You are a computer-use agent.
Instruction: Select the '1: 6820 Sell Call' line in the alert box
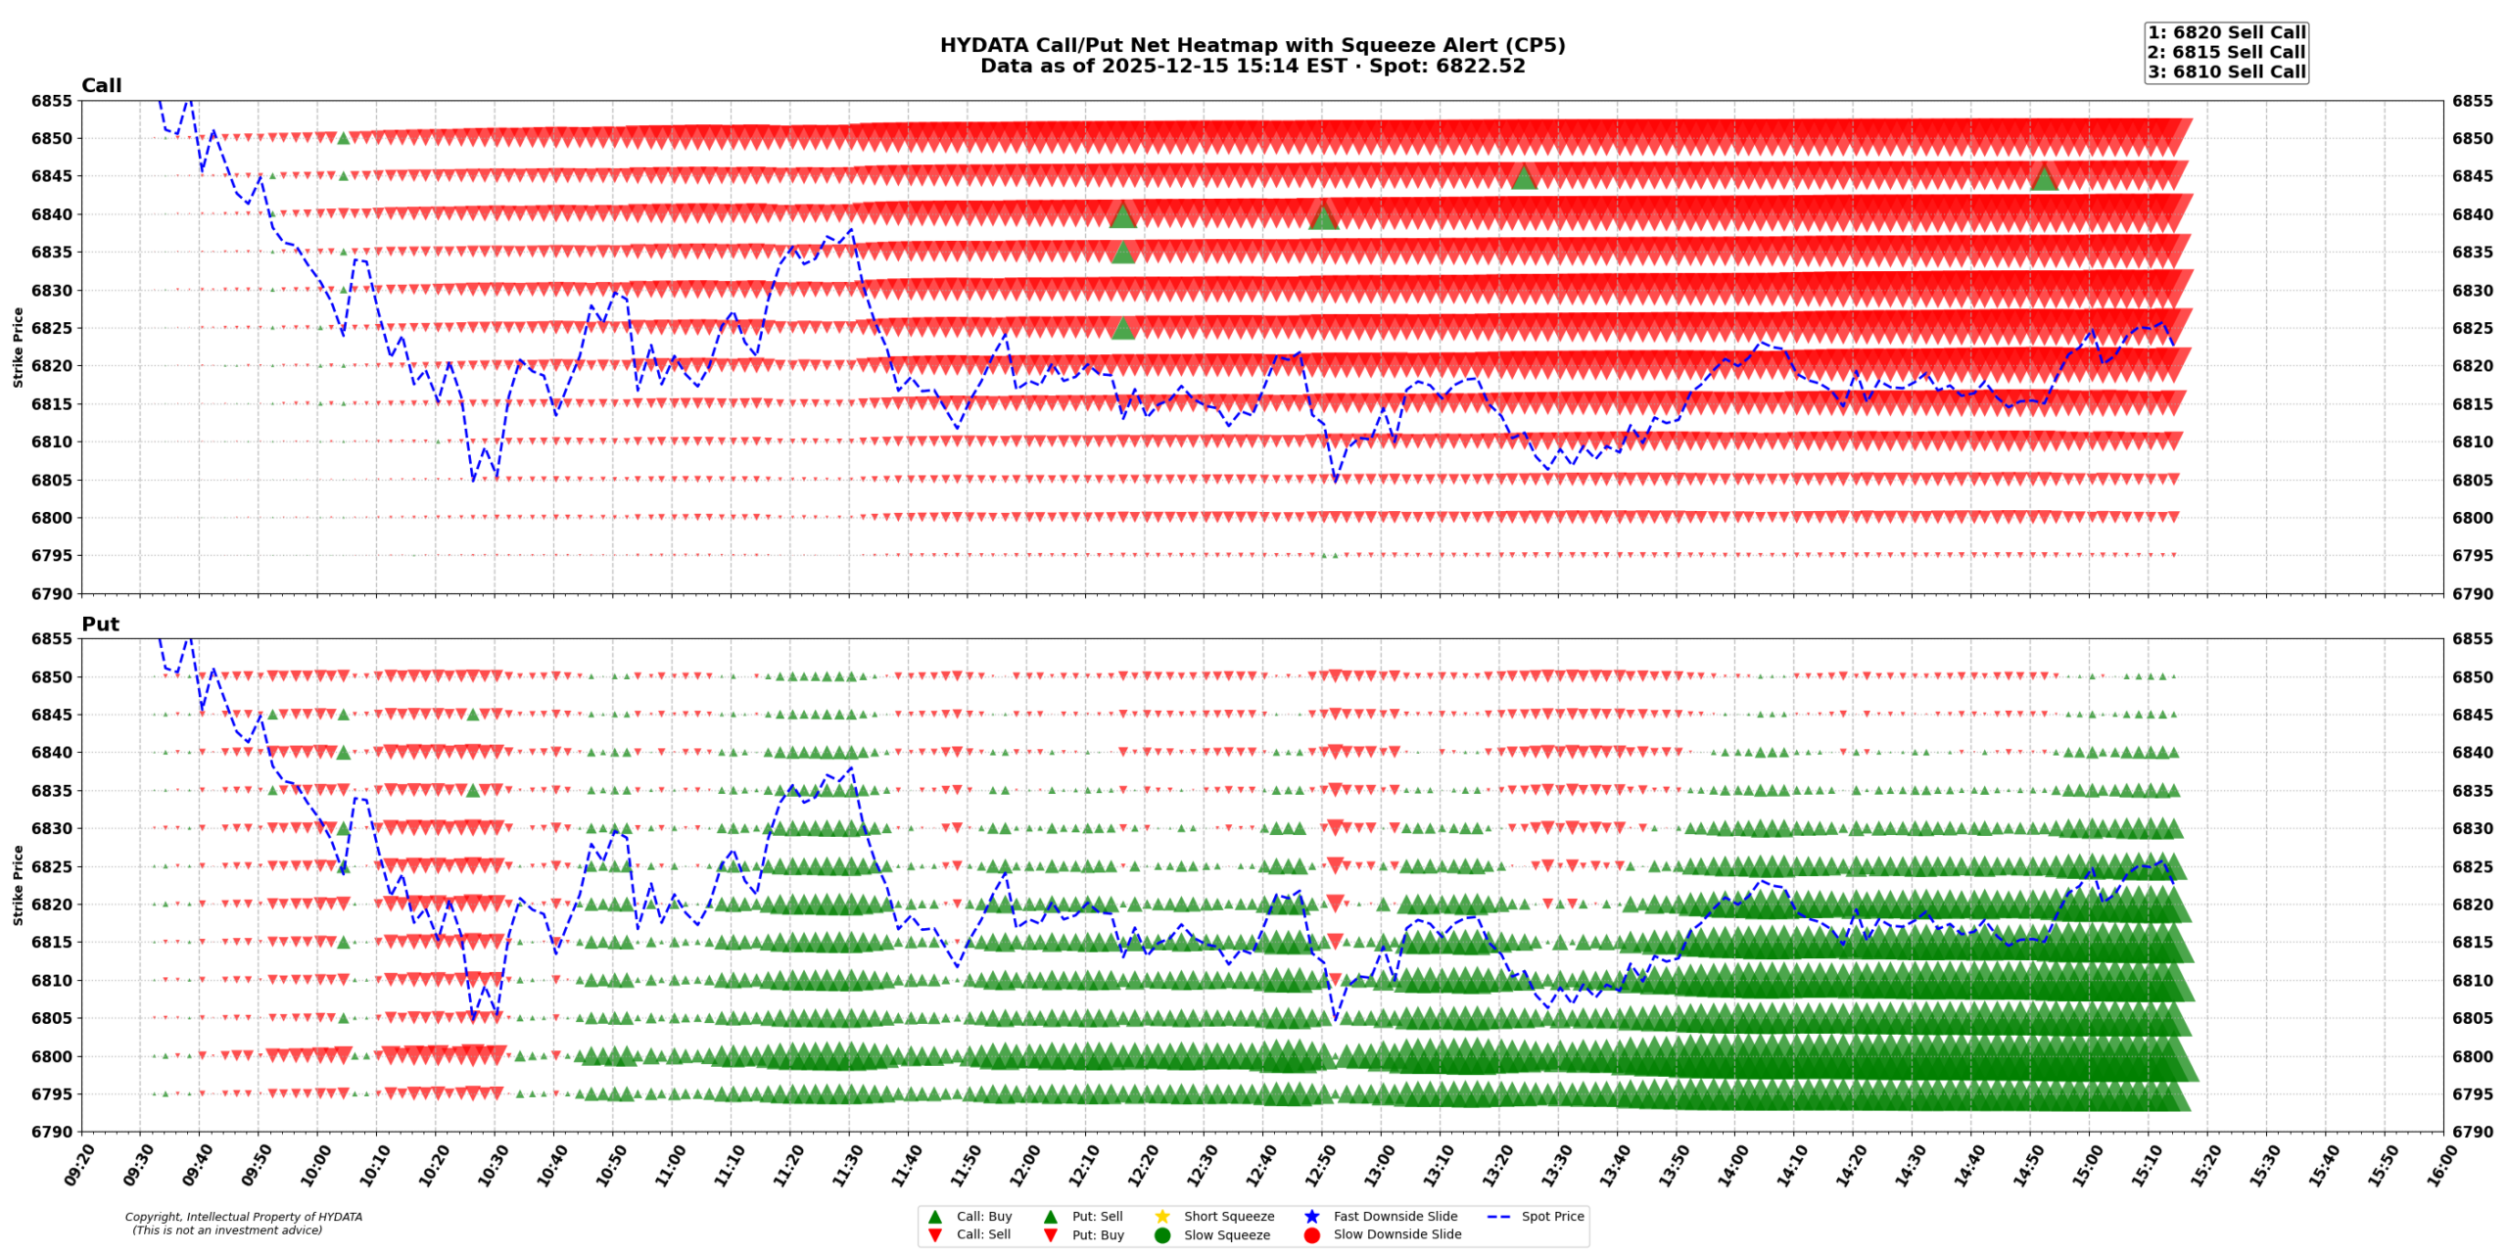click(2226, 32)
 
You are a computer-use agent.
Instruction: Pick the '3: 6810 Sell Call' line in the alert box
click(2226, 71)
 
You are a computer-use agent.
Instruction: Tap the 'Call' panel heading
click(101, 86)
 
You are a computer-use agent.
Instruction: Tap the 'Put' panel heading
click(100, 625)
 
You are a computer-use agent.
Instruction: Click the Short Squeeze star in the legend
click(1162, 1217)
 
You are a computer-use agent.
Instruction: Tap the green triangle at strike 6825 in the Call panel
click(1123, 328)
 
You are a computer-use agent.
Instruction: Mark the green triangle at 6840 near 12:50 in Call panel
click(1323, 216)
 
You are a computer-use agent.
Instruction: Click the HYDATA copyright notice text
click(243, 1224)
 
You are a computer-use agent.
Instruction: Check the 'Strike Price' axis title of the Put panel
click(18, 885)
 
